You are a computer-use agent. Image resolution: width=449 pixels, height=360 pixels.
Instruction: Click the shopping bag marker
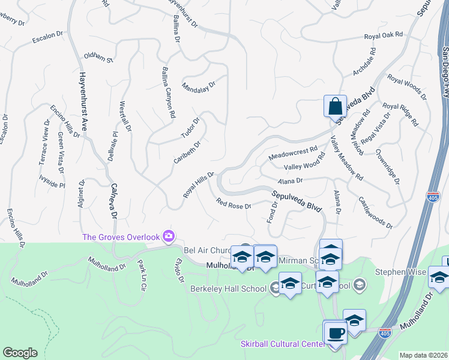(x=335, y=106)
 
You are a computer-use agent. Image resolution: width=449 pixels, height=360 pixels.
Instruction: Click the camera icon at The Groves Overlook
(x=169, y=236)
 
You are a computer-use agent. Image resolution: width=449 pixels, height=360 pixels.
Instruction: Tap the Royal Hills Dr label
(x=199, y=186)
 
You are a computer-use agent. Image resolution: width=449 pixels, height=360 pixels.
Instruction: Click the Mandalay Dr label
(x=199, y=85)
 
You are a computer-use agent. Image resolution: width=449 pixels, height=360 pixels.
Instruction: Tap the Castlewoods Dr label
(x=375, y=212)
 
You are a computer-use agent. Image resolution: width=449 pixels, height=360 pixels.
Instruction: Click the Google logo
(x=20, y=353)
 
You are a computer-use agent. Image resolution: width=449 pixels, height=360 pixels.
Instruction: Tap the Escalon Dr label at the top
(x=47, y=37)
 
